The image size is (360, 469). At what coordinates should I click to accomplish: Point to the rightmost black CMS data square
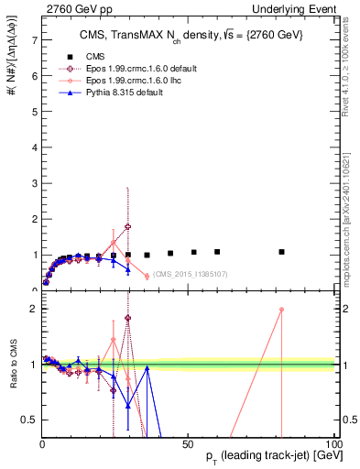tap(281, 252)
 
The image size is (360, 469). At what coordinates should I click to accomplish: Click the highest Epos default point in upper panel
tap(128, 226)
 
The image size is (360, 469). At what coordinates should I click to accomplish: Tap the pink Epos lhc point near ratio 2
tap(281, 310)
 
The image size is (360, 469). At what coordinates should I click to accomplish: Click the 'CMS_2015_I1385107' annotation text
tap(191, 274)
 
